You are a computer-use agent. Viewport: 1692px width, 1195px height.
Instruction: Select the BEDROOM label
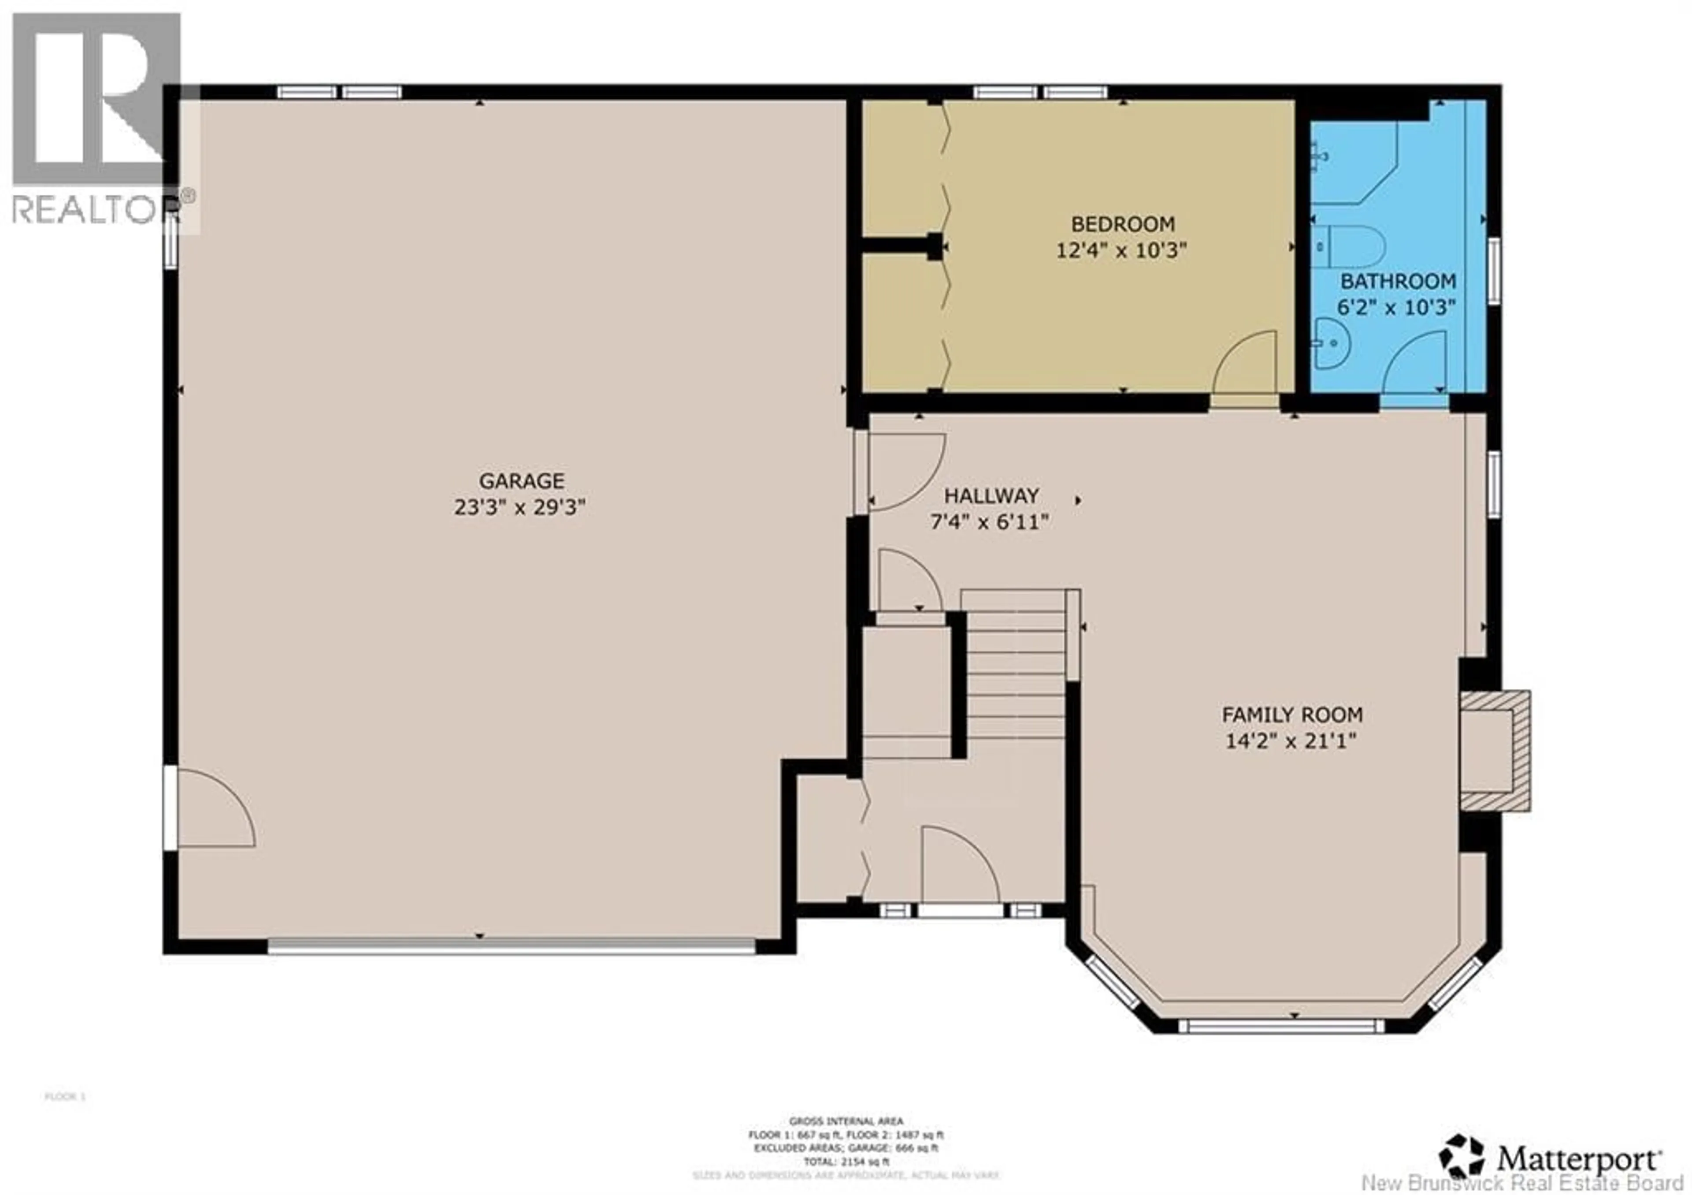click(1122, 223)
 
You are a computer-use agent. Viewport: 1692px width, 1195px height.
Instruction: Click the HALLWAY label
click(991, 495)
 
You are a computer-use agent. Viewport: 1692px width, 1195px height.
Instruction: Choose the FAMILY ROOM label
click(1292, 715)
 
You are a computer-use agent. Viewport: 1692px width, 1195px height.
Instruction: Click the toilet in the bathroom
click(1349, 247)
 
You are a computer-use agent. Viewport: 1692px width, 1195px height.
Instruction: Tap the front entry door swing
click(958, 866)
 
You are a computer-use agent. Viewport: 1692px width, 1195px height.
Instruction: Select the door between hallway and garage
click(903, 472)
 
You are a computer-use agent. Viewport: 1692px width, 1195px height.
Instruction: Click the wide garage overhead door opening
click(512, 946)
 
